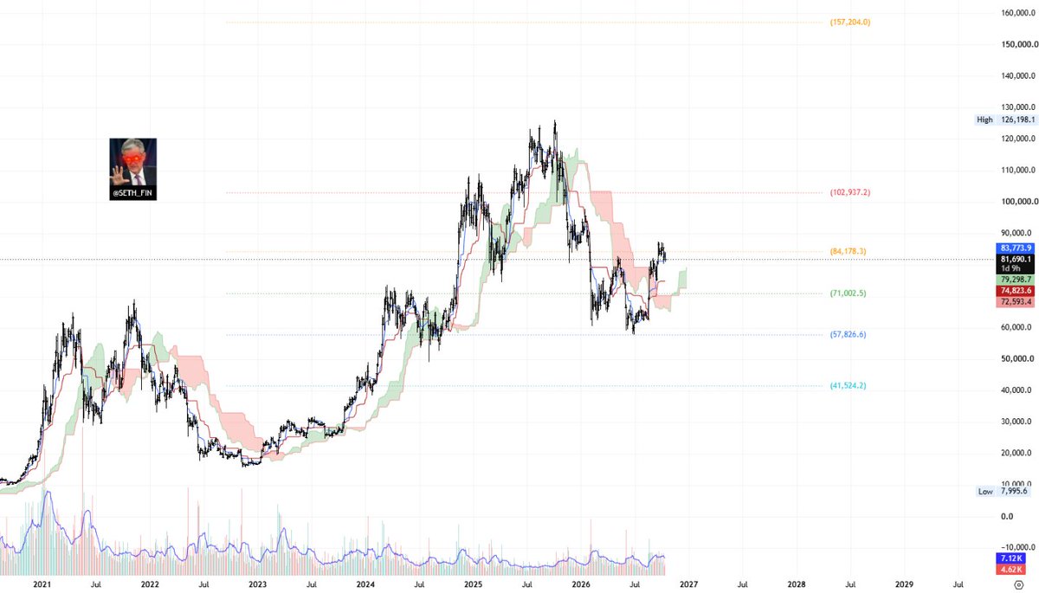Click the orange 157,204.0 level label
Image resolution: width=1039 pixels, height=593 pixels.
pyautogui.click(x=849, y=23)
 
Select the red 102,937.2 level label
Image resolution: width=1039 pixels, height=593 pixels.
pyautogui.click(x=849, y=192)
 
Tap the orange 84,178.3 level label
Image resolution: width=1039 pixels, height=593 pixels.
pyautogui.click(x=848, y=252)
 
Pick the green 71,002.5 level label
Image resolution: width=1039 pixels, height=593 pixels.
pyautogui.click(x=848, y=293)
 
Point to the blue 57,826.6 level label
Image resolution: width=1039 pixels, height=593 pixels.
pyautogui.click(x=848, y=335)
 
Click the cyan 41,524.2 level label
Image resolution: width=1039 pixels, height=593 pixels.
pyautogui.click(x=848, y=386)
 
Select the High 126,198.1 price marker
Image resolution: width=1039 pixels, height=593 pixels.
pyautogui.click(x=1005, y=119)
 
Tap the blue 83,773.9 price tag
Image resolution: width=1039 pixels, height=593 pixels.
pyautogui.click(x=1015, y=248)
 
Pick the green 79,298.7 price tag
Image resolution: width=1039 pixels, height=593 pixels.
pyautogui.click(x=1015, y=280)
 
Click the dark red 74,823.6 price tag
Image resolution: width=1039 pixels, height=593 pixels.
pyautogui.click(x=1015, y=291)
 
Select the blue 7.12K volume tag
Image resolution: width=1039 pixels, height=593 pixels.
pyautogui.click(x=1010, y=558)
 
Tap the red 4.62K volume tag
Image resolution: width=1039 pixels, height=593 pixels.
pyautogui.click(x=1010, y=570)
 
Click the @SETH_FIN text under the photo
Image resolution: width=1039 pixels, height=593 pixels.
pyautogui.click(x=132, y=193)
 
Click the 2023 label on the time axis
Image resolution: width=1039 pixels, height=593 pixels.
pyautogui.click(x=257, y=584)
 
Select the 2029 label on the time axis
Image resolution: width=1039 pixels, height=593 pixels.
pyautogui.click(x=904, y=584)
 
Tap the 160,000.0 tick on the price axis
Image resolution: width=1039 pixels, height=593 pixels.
pyautogui.click(x=1018, y=13)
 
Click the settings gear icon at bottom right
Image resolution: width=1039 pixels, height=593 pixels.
pyautogui.click(x=1018, y=584)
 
